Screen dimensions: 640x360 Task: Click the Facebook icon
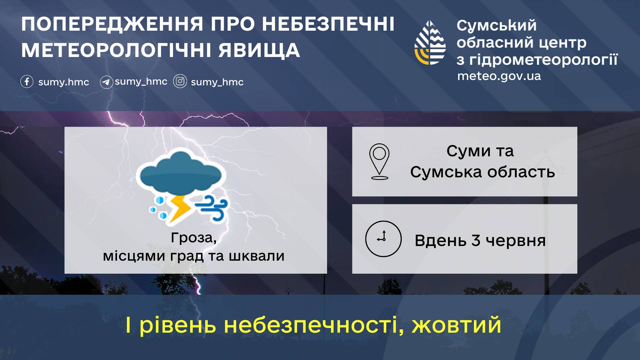point(27,81)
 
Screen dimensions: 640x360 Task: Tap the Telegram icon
point(106,82)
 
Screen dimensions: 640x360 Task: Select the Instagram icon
point(180,81)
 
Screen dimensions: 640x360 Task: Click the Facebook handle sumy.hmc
point(64,82)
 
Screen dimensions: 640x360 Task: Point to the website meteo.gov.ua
point(499,76)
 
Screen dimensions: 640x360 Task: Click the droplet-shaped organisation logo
point(430,43)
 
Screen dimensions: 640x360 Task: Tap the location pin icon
point(379,162)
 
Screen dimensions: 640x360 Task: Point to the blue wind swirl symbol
point(212,208)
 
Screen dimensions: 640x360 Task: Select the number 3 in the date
point(476,240)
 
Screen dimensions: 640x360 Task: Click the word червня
point(516,241)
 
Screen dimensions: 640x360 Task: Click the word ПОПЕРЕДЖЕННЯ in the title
point(112,25)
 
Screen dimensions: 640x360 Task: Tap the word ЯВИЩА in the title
point(259,50)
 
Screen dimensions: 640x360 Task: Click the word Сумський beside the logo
point(497,26)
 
